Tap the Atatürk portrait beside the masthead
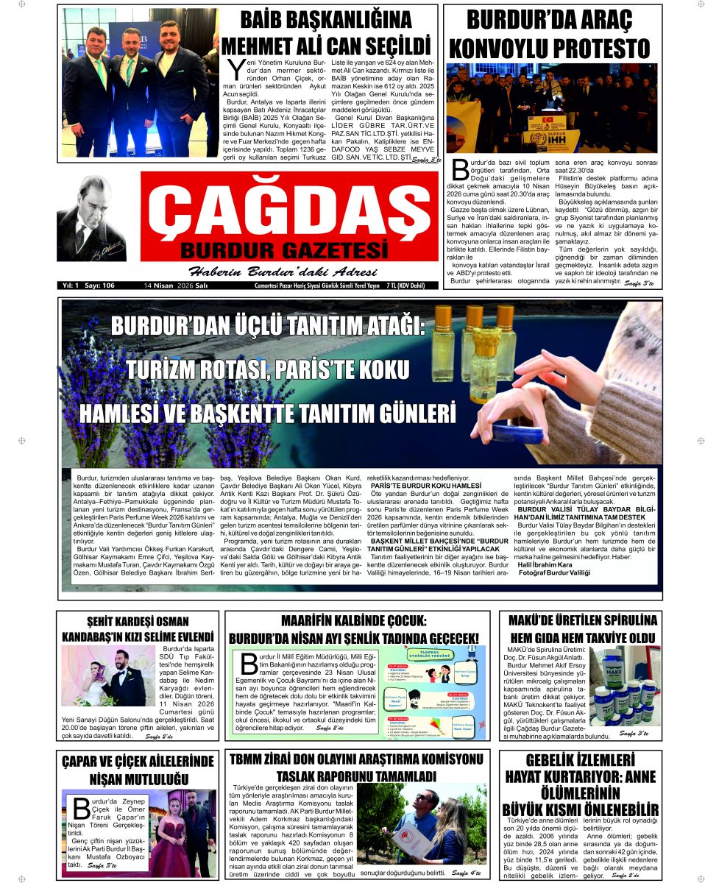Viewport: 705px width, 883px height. pyautogui.click(x=91, y=219)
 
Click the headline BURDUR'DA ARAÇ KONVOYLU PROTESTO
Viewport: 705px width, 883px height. pyautogui.click(x=550, y=34)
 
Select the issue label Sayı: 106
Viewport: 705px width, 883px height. pyautogui.click(x=99, y=285)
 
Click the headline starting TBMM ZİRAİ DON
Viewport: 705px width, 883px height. pyautogui.click(x=356, y=767)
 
